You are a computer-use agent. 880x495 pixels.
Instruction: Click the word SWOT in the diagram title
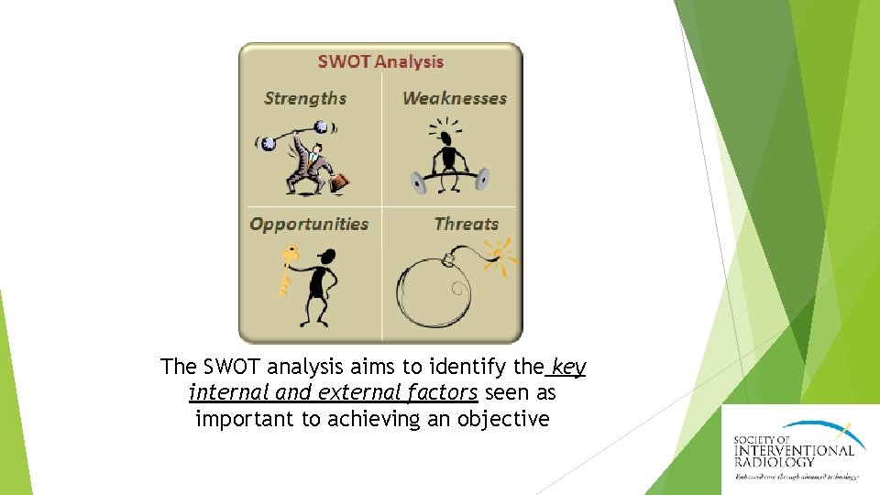pyautogui.click(x=344, y=62)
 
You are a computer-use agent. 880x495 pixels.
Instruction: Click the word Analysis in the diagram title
pyautogui.click(x=408, y=62)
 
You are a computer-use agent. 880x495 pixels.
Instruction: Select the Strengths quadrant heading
pyautogui.click(x=305, y=98)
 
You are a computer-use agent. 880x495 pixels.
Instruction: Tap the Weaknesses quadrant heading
pyautogui.click(x=455, y=98)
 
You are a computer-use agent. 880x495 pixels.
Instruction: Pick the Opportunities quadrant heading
pyautogui.click(x=309, y=224)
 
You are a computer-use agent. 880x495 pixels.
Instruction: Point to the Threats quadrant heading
pyautogui.click(x=467, y=224)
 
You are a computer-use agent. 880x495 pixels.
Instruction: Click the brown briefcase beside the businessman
pyautogui.click(x=339, y=183)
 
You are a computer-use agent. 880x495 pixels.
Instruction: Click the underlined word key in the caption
pyautogui.click(x=568, y=368)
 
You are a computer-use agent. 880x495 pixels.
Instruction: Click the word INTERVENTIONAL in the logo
pyautogui.click(x=794, y=449)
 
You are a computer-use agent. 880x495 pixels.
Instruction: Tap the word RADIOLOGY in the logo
pyautogui.click(x=775, y=462)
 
